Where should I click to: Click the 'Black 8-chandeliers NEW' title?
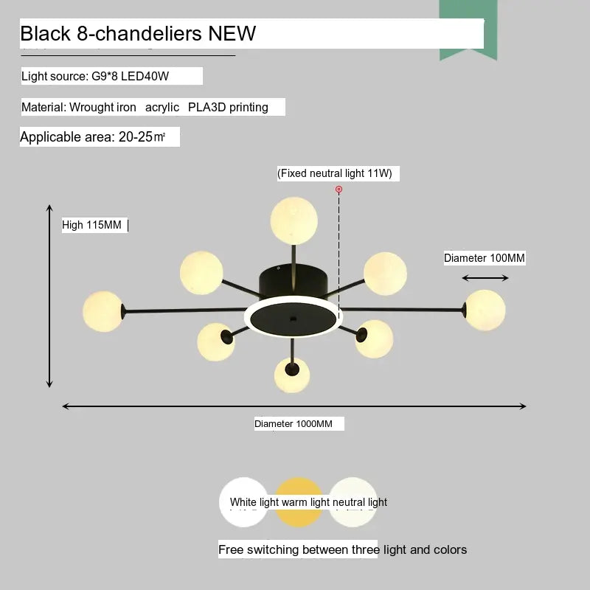[138, 34]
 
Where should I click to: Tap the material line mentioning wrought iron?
[145, 108]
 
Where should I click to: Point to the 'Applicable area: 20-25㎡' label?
[93, 137]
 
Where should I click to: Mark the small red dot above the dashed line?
[339, 190]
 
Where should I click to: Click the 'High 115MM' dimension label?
[91, 225]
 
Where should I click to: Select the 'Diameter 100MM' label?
[485, 258]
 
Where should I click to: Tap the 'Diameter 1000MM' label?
[294, 424]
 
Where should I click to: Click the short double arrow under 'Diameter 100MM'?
[485, 278]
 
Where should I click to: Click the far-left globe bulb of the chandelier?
[103, 310]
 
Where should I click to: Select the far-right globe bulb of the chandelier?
[485, 310]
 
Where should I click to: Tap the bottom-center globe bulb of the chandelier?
[293, 375]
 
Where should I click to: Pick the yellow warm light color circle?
[299, 502]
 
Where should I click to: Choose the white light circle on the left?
[243, 502]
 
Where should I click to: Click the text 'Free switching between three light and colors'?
[342, 549]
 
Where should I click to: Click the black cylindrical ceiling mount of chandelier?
[294, 281]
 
